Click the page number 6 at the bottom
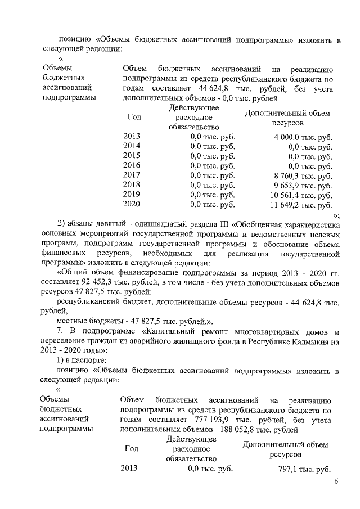point(336,482)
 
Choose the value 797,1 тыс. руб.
point(304,469)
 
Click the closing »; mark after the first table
point(336,215)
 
